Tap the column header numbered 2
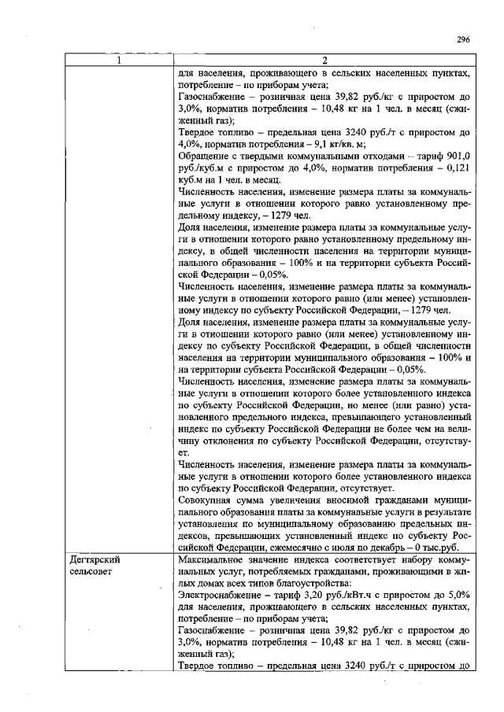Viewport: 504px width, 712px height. click(325, 61)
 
